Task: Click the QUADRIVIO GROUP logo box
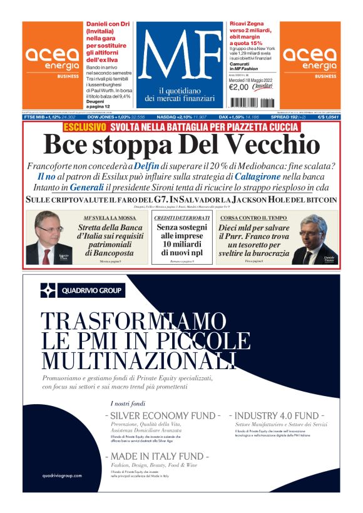click(x=82, y=290)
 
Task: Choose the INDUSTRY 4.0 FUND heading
click(x=277, y=415)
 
